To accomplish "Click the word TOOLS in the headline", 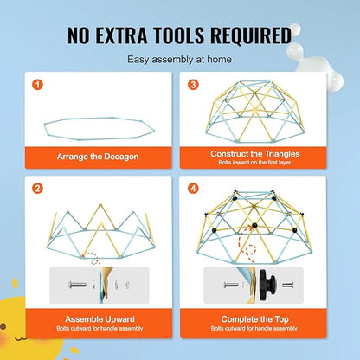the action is pos(178,35).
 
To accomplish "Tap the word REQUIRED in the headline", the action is pos(251,35).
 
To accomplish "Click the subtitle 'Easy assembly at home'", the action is pos(179,60).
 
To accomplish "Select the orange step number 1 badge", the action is pos(37,85).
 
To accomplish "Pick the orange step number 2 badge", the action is pos(37,189).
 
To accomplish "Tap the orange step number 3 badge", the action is pos(193,85).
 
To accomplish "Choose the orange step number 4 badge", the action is pos(193,189).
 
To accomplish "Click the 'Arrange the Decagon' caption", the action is pos(98,157).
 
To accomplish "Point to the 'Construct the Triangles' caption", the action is pos(255,154).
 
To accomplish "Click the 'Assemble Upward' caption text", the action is pos(100,319).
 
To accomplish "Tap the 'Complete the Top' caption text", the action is pos(254,319).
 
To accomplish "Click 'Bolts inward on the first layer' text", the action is pos(254,163).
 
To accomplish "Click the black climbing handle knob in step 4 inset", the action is pos(267,285).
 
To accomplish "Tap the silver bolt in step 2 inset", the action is pos(77,285).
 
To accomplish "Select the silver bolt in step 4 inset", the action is pos(232,285).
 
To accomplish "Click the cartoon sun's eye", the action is pos(3,326).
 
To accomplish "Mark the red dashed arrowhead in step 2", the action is pos(84,254).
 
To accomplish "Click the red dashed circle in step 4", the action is pos(251,249).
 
